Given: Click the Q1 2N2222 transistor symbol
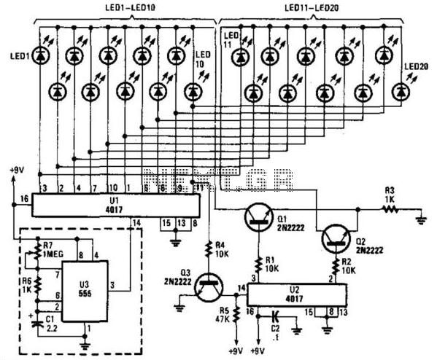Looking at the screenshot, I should pyautogui.click(x=258, y=214).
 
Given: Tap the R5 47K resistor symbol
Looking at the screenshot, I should pyautogui.click(x=236, y=318).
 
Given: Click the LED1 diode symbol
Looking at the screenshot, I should pyautogui.click(x=40, y=55).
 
